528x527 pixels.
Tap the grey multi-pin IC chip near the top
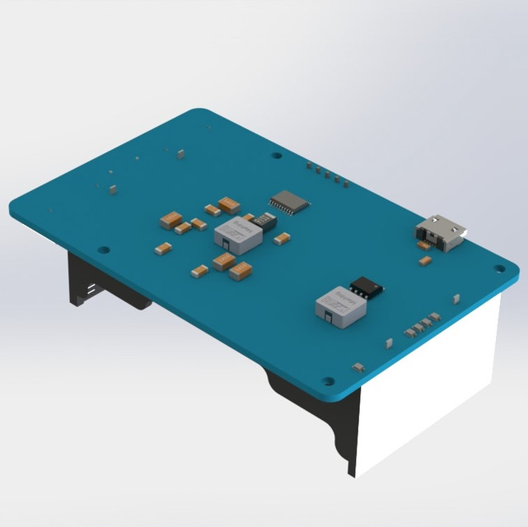289,201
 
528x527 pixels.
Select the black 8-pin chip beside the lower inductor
366,287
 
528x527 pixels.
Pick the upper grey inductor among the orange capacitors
237,235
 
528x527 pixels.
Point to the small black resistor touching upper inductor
264,220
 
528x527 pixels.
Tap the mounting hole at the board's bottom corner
328,381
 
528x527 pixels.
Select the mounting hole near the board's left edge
103,249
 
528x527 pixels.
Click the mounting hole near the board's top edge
276,154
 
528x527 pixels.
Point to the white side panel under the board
428,387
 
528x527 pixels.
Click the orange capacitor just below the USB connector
425,260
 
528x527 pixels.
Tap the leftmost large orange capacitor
171,219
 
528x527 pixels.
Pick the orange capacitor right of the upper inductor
282,239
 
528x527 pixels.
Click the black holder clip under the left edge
86,288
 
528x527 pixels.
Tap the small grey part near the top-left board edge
113,189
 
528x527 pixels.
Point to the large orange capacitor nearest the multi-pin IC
230,203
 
